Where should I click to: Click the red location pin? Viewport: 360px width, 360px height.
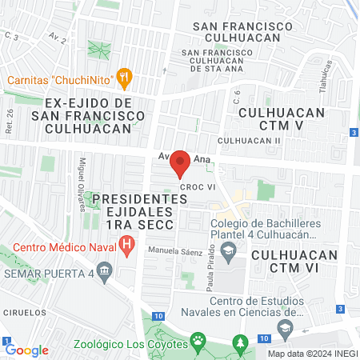click(x=180, y=162)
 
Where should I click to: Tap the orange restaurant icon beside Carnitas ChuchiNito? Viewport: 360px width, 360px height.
click(x=123, y=77)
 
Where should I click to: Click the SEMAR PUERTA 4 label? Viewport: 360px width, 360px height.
click(x=48, y=274)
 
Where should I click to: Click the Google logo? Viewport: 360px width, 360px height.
click(x=26, y=350)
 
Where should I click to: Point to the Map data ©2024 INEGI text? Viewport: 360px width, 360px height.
click(x=312, y=354)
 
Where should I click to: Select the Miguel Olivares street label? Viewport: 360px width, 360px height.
click(x=82, y=183)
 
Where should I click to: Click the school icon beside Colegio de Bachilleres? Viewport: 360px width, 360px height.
click(x=229, y=251)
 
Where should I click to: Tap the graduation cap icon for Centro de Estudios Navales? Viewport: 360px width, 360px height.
click(x=284, y=326)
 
